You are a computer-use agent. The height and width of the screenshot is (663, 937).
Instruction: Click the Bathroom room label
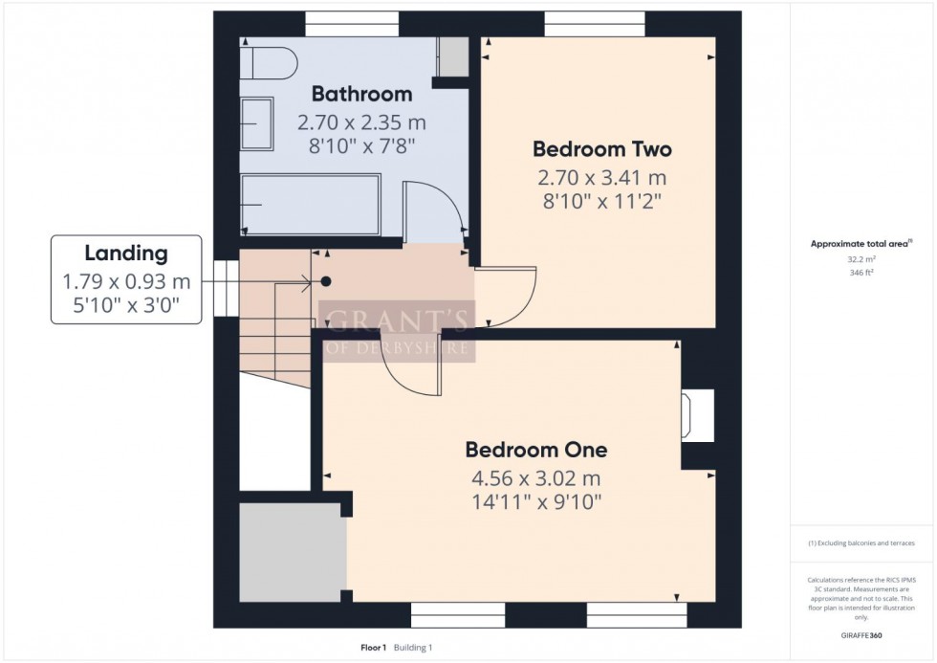point(361,94)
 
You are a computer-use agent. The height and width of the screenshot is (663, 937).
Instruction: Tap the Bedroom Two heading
point(601,149)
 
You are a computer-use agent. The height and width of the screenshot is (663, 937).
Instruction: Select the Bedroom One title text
point(536,450)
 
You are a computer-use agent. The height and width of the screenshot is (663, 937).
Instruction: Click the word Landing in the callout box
point(126,254)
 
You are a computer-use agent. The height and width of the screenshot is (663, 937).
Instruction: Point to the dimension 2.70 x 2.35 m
point(361,122)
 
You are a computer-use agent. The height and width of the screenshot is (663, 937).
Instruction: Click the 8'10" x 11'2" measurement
point(601,202)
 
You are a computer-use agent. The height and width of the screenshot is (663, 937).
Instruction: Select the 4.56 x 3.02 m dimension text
point(536,478)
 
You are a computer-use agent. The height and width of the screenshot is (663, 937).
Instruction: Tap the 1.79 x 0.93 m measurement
point(126,281)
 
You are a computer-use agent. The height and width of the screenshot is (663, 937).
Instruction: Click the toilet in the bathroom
point(269,63)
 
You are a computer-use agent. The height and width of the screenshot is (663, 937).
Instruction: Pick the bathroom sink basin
point(257,123)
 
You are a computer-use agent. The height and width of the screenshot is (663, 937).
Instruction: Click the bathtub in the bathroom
point(310,205)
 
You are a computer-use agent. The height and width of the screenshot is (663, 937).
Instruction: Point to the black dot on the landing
point(326,281)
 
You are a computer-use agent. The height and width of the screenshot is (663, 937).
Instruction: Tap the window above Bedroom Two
point(595,24)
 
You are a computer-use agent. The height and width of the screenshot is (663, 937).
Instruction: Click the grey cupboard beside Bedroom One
point(293,552)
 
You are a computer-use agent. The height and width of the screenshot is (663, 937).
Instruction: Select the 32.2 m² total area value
point(861,259)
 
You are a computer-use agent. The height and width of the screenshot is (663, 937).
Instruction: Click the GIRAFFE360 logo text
point(861,635)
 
